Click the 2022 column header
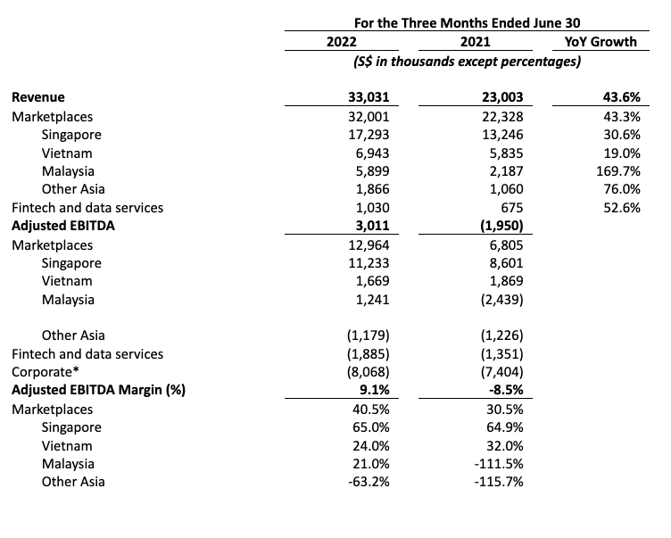point(341,42)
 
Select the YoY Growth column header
point(601,42)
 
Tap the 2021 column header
point(475,42)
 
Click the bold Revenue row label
point(38,97)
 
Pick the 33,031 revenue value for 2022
point(369,97)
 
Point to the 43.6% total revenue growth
point(621,97)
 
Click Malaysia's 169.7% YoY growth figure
point(618,171)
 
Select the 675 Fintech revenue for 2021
point(512,208)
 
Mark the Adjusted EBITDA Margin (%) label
point(98,390)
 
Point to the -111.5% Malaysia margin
point(499,464)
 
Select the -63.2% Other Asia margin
point(369,482)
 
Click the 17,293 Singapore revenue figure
point(369,135)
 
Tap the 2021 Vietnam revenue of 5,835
point(506,153)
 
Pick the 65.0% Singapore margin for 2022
point(371,427)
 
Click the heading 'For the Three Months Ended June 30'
point(467,22)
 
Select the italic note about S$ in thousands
point(467,62)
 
